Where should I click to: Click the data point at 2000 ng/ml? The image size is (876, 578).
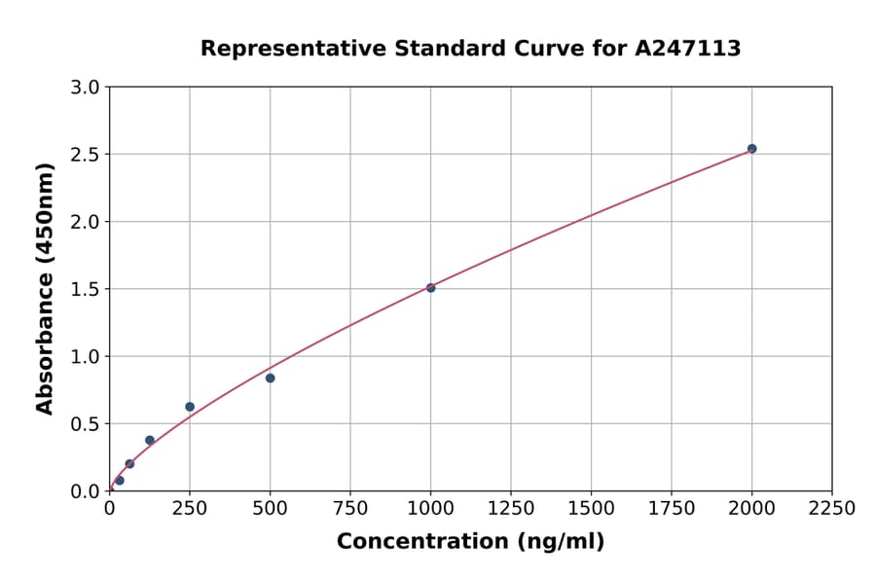click(751, 149)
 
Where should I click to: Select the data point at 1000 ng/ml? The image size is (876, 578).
click(430, 288)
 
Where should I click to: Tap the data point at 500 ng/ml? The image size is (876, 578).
click(270, 378)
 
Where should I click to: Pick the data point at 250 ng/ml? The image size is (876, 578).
click(190, 407)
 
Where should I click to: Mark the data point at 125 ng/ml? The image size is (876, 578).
click(150, 440)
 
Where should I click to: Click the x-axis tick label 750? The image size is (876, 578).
click(350, 508)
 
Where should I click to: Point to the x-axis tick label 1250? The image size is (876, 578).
click(511, 508)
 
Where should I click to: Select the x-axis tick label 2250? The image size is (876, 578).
click(832, 508)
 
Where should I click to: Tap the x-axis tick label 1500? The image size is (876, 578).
click(591, 508)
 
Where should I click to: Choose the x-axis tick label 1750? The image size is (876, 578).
click(672, 508)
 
